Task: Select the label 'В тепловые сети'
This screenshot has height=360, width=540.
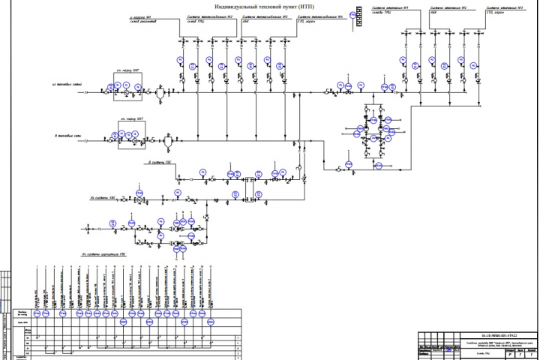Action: point(70,135)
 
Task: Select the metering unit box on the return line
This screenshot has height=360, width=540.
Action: point(130,137)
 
